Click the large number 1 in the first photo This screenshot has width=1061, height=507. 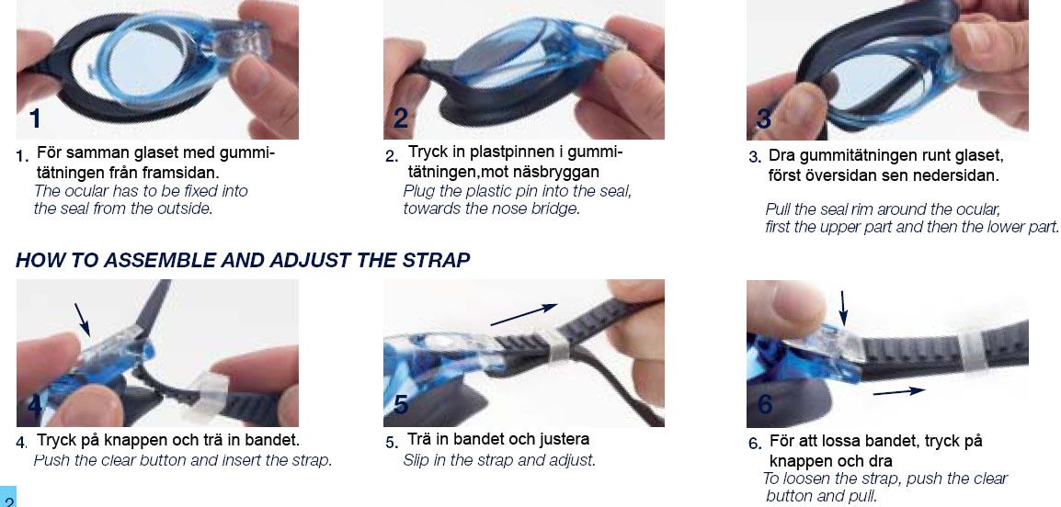pos(35,119)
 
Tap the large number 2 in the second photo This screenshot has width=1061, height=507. pos(401,119)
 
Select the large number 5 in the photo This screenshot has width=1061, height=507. pos(401,404)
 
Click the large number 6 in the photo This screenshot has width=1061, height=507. pos(765,404)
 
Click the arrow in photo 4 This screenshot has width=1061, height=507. pos(82,319)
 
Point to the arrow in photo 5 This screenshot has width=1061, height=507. pos(524,314)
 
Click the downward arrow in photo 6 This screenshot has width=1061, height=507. pos(842,308)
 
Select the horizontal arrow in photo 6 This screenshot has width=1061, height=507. pos(898,391)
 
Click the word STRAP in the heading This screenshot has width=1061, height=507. pos(437,260)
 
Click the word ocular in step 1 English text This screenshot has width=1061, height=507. pos(86,191)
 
